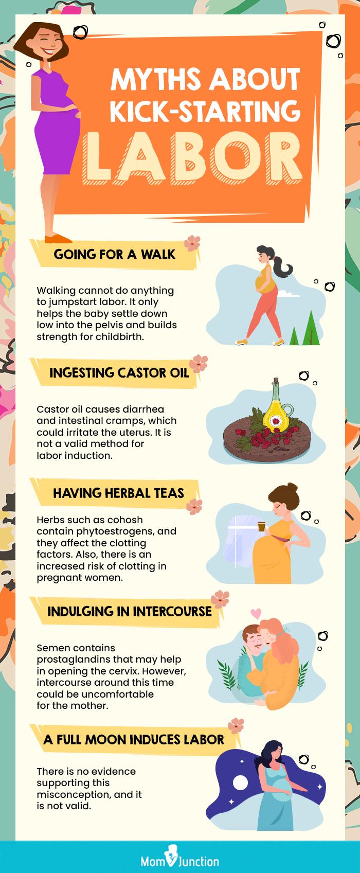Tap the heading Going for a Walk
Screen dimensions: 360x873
(x=115, y=255)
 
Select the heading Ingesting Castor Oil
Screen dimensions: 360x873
(x=119, y=372)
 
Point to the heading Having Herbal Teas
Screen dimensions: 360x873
(x=118, y=493)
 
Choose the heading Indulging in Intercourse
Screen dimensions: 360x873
(x=130, y=611)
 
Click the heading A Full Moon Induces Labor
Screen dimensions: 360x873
(x=134, y=739)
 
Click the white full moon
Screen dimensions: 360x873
(x=240, y=782)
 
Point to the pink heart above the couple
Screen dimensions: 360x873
(x=256, y=613)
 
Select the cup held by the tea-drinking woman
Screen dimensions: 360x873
(x=261, y=526)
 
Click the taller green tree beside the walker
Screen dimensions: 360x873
(x=311, y=328)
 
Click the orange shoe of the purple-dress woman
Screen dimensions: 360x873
(x=58, y=239)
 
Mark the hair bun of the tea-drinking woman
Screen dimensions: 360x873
(x=292, y=487)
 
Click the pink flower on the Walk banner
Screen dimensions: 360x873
(x=192, y=243)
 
